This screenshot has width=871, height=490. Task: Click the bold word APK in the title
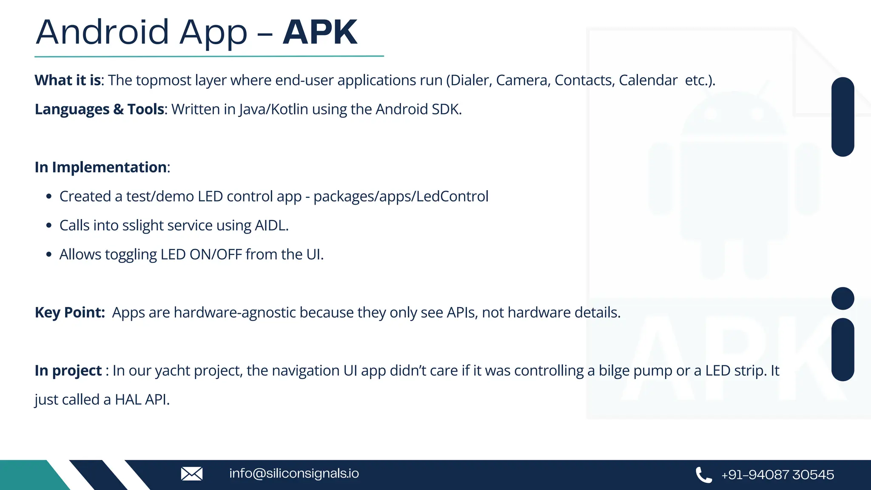tap(320, 32)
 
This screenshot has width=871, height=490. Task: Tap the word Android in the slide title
tap(102, 32)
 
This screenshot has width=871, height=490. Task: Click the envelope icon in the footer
tap(192, 473)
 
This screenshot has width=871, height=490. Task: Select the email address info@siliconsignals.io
tap(294, 473)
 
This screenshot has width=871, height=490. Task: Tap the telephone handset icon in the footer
tap(703, 475)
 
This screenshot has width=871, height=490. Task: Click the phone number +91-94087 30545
tap(777, 475)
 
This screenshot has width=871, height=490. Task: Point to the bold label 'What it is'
tap(68, 80)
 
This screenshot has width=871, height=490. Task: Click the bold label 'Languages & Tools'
tap(99, 109)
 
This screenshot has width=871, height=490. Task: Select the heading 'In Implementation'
tap(101, 167)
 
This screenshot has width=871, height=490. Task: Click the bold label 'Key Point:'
tap(70, 313)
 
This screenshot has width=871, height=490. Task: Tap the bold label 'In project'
tap(68, 371)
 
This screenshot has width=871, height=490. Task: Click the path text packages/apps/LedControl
tap(401, 197)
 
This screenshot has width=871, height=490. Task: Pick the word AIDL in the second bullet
tap(271, 225)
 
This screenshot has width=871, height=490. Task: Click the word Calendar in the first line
tap(648, 80)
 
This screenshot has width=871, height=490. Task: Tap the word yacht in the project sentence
tap(173, 371)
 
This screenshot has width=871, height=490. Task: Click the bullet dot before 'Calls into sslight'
tap(49, 225)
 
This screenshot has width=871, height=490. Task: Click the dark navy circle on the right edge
tap(843, 299)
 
